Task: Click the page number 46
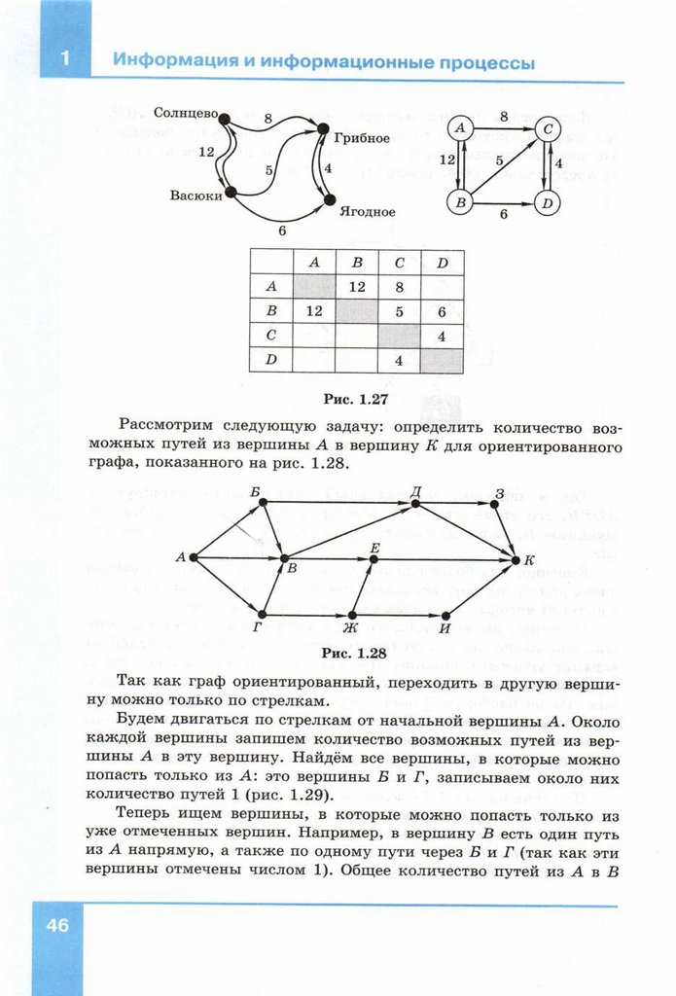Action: click(55, 925)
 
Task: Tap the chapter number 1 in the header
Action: click(64, 58)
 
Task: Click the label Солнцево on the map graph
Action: click(184, 112)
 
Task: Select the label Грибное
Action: click(362, 138)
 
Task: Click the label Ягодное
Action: click(368, 211)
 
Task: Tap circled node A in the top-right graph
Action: click(460, 127)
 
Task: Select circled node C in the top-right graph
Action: click(549, 127)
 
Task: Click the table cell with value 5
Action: click(399, 311)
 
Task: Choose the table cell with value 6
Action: click(442, 311)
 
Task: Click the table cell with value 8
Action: click(399, 287)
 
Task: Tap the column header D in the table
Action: click(442, 262)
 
